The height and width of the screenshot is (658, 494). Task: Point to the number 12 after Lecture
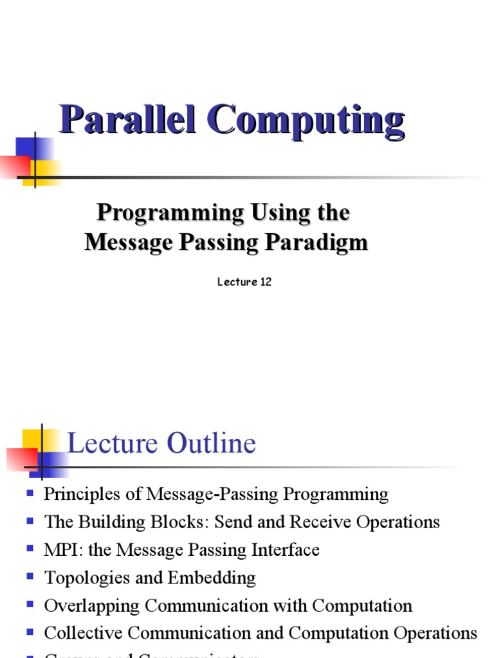pos(265,282)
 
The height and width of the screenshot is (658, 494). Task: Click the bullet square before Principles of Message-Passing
pos(30,493)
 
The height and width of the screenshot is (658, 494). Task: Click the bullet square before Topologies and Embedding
pos(30,577)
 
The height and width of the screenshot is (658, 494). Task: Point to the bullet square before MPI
pos(30,549)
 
